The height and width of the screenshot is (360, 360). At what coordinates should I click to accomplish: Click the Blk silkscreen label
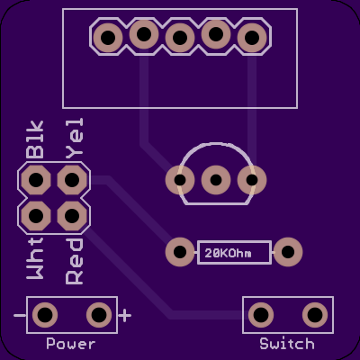tap(35, 139)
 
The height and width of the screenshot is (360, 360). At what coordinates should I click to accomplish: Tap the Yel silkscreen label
tap(74, 139)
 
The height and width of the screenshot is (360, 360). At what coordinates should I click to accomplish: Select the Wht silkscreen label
tap(35, 258)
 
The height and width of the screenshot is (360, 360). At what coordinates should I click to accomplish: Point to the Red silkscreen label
tap(74, 261)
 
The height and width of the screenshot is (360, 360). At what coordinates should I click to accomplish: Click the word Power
tap(71, 344)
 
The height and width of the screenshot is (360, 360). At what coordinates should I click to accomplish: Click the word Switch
tap(287, 344)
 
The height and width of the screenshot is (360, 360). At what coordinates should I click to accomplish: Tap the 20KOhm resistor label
tap(228, 254)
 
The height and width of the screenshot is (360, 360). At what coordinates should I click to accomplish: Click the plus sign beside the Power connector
tap(125, 315)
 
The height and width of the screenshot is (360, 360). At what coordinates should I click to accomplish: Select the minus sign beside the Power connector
tap(20, 315)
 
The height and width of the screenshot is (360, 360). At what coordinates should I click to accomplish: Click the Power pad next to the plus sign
tap(99, 315)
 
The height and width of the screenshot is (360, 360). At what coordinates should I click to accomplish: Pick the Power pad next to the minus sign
tap(45, 315)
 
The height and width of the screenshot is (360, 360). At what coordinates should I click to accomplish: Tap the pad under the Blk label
tap(36, 180)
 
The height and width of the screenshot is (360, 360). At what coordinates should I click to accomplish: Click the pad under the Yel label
tap(72, 180)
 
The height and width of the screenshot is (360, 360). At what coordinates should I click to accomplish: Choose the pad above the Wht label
tap(36, 216)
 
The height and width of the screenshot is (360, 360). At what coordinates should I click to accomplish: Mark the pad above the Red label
tap(72, 216)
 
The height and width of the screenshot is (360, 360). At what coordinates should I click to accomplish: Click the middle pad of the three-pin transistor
tap(216, 180)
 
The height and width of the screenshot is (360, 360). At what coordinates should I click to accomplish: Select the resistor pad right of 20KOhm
tap(288, 252)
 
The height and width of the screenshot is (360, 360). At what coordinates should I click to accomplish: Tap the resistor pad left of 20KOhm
tap(180, 252)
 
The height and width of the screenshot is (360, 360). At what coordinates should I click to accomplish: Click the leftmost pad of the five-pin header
tap(108, 38)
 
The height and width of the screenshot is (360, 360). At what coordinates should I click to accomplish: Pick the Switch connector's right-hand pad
tap(315, 315)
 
